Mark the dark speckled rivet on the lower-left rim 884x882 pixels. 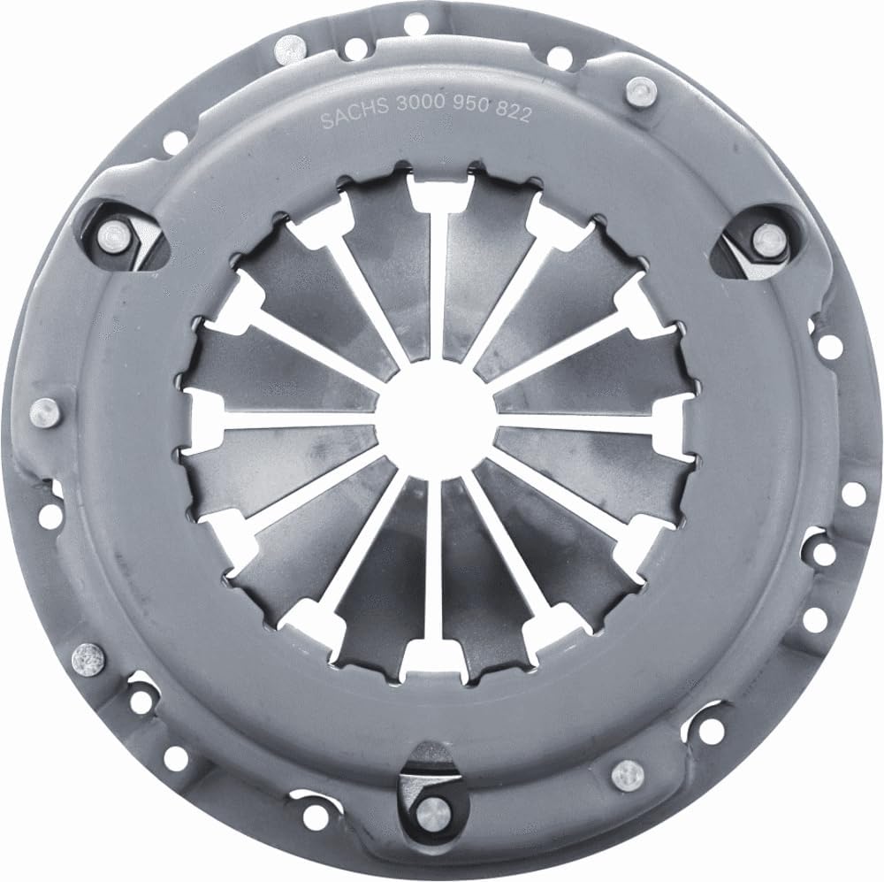pos(88,656)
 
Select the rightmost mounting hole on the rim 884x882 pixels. pos(853,494)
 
